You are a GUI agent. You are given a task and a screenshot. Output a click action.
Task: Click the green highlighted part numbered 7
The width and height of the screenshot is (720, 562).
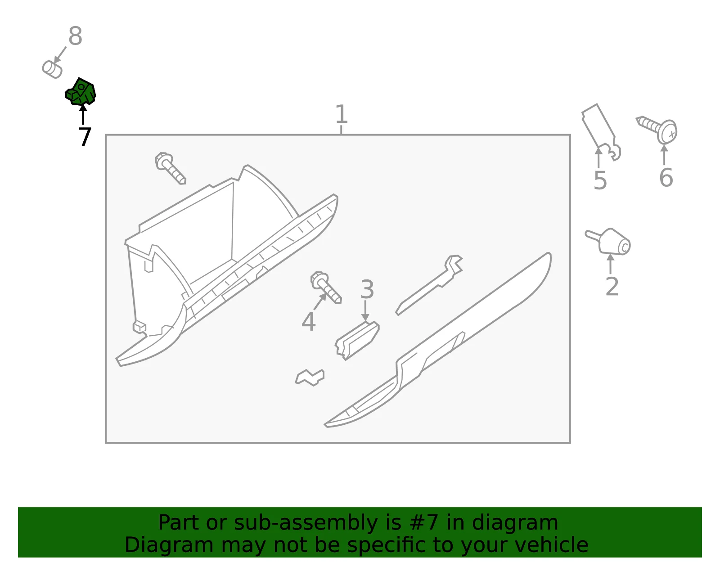click(81, 92)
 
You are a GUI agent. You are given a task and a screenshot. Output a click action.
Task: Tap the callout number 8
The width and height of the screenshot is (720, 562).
click(75, 36)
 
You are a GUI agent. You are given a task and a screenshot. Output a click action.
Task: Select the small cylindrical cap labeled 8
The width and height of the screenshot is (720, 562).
click(52, 70)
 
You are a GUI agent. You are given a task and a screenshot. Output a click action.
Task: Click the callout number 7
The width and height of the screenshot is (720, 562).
click(85, 136)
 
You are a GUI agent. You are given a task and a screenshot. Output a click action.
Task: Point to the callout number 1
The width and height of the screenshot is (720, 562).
click(341, 114)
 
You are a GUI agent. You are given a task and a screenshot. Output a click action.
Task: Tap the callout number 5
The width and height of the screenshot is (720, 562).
click(600, 180)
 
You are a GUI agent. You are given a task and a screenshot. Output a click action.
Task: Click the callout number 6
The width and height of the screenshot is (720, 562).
click(666, 178)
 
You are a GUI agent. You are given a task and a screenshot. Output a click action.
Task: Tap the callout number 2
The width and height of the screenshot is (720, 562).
click(612, 287)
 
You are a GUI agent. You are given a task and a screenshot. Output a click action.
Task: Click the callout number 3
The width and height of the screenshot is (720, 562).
click(367, 289)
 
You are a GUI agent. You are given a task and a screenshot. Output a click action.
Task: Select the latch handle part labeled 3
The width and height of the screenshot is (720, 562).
click(357, 341)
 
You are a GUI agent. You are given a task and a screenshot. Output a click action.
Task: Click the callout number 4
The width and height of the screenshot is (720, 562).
click(308, 322)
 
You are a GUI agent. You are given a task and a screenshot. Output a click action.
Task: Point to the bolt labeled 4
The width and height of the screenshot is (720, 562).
click(326, 288)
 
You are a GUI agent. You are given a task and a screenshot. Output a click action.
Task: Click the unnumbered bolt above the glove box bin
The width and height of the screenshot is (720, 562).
click(170, 168)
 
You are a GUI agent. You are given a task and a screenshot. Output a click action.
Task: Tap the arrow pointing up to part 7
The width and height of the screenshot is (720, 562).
click(83, 114)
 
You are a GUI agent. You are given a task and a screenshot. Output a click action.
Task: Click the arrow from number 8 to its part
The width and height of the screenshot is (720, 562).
click(60, 54)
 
